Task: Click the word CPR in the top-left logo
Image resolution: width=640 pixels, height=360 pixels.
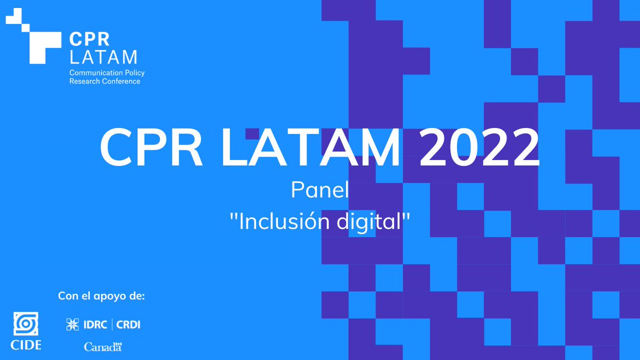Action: pos(89,39)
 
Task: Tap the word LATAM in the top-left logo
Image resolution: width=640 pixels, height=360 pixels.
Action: pos(103,57)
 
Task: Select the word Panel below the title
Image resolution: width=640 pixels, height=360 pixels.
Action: pos(319,190)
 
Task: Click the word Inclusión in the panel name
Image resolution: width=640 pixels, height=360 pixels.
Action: pos(275,222)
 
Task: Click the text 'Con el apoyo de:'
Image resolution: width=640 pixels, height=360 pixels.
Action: pos(101,296)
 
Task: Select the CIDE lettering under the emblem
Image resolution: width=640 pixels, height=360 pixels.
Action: pos(26,345)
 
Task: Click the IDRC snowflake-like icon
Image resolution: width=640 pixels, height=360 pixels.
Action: pos(72,324)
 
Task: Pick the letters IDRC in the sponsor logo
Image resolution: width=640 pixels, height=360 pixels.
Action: pos(94,324)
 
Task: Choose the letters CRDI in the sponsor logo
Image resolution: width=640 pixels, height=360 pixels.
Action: pos(129,324)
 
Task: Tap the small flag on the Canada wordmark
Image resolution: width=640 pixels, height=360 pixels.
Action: pos(119,343)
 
